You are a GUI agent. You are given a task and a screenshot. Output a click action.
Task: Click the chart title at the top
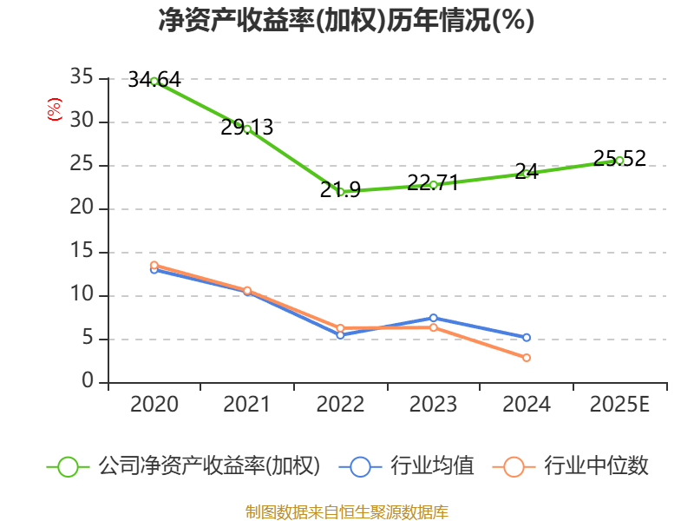(346, 21)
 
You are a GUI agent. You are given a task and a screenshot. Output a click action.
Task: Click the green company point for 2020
(154, 81)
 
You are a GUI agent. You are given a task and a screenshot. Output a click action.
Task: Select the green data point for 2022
(341, 191)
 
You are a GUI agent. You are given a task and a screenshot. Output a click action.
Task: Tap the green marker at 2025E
(619, 160)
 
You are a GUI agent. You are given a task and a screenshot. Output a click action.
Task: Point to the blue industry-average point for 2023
(433, 318)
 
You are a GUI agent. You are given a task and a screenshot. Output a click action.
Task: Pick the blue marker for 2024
(527, 337)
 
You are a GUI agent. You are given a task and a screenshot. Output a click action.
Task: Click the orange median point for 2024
(527, 358)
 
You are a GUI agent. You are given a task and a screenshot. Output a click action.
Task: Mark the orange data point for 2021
(247, 291)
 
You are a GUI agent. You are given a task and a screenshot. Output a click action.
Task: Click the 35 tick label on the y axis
(82, 78)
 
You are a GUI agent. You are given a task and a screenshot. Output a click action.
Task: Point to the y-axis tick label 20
(82, 208)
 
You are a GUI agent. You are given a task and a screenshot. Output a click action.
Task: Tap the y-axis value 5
(88, 339)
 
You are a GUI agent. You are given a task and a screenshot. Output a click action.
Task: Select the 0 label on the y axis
(88, 381)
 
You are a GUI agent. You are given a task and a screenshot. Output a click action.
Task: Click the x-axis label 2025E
(619, 405)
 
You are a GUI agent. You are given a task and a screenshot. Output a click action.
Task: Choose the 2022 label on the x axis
(340, 405)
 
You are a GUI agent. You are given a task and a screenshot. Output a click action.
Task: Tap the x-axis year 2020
(154, 405)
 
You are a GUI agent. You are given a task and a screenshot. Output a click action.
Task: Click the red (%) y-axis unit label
(55, 110)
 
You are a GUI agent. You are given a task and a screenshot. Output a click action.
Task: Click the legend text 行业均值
(432, 466)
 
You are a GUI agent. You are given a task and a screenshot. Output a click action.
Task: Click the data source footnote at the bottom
(346, 511)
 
